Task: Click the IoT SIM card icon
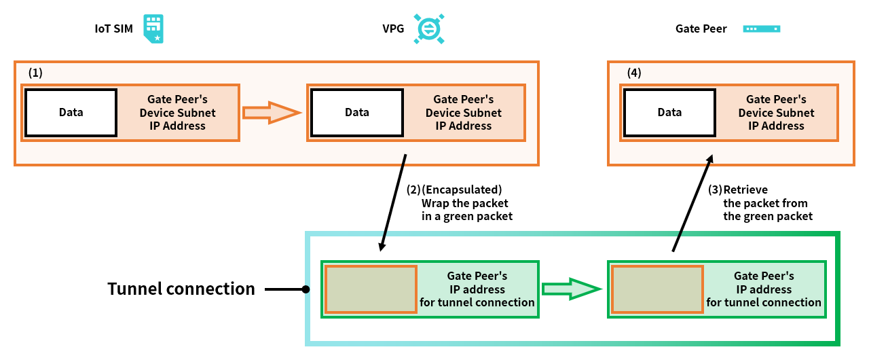point(153,29)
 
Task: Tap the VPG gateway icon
point(429,29)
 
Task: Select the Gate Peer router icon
point(762,29)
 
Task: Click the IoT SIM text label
point(114,29)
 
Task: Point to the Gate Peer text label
point(701,29)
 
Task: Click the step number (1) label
point(35,73)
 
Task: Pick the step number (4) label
point(633,73)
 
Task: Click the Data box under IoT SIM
point(71,112)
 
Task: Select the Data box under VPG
point(357,112)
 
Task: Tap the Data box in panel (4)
point(669,112)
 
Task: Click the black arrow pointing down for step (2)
point(394,202)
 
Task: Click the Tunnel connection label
point(181,289)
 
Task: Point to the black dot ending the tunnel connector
point(306,289)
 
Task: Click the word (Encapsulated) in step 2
point(462,190)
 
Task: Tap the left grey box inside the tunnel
point(371,289)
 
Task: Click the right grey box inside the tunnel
point(657,289)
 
